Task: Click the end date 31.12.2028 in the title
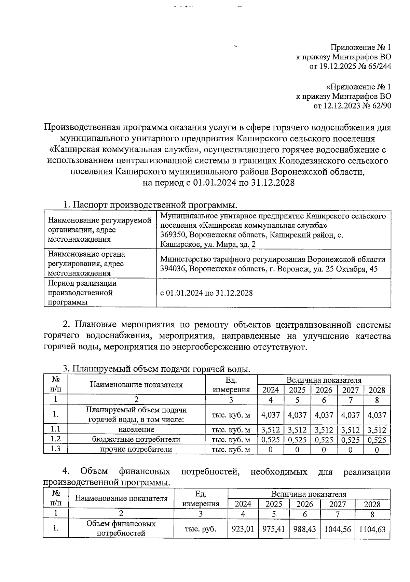pyautogui.click(x=273, y=183)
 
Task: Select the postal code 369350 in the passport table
pyautogui.click(x=173, y=235)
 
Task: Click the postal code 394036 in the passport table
pyautogui.click(x=173, y=269)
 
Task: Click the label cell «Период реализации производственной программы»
pyautogui.click(x=82, y=293)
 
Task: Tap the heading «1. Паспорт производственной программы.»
pyautogui.click(x=150, y=205)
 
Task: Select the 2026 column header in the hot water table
pyautogui.click(x=324, y=390)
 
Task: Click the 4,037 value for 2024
pyautogui.click(x=270, y=415)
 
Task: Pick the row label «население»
pyautogui.click(x=136, y=429)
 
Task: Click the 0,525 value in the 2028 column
pyautogui.click(x=377, y=440)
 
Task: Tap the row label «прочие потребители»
pyautogui.click(x=136, y=450)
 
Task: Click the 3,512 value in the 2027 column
pyautogui.click(x=351, y=430)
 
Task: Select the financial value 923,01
pyautogui.click(x=243, y=529)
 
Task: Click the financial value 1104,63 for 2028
pyautogui.click(x=372, y=529)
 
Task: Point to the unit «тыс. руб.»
pyautogui.click(x=201, y=529)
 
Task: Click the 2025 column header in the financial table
pyautogui.click(x=274, y=504)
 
